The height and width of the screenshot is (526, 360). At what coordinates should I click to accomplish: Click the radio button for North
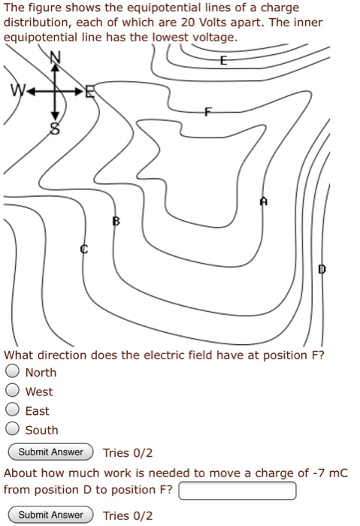click(x=12, y=372)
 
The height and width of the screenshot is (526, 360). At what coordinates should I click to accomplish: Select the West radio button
click(x=12, y=391)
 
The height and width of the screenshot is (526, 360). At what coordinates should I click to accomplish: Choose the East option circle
click(x=12, y=411)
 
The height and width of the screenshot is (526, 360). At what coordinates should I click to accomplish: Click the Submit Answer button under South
click(x=50, y=452)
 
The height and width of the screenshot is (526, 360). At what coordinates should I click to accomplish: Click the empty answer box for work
click(x=237, y=491)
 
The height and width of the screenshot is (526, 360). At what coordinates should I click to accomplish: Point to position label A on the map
click(x=263, y=201)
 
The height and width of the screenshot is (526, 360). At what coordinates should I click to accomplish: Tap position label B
click(x=115, y=221)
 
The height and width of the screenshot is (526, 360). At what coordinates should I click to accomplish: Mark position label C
click(x=84, y=248)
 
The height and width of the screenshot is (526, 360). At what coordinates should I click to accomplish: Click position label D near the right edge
click(x=322, y=268)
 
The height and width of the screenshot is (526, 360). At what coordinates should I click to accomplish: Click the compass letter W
click(x=14, y=93)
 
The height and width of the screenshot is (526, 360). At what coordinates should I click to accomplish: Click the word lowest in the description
click(x=171, y=36)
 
